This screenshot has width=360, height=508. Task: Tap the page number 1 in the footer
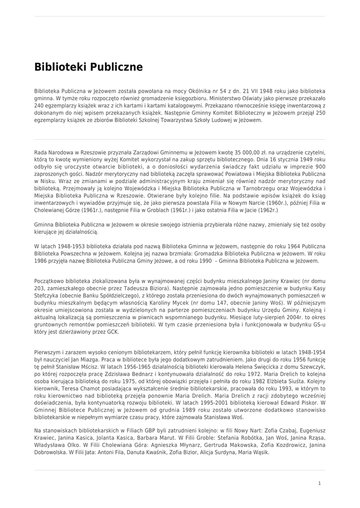pyautogui.click(x=319, y=483)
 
